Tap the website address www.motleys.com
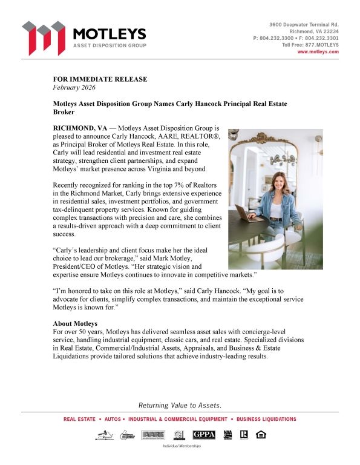318,52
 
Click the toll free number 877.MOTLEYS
322,45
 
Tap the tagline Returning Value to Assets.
180,405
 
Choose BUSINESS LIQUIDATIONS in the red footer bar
266,419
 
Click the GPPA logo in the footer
204,435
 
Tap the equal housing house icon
261,434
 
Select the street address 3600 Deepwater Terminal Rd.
304,24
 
